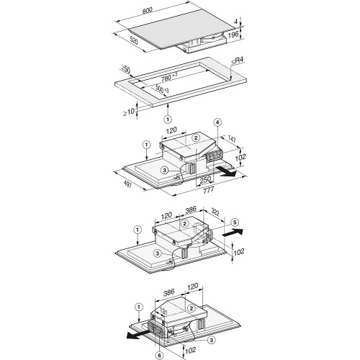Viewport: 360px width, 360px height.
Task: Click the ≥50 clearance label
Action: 127,70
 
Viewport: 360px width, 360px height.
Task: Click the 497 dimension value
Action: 127,189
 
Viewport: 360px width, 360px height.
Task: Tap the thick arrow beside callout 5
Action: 231,233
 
